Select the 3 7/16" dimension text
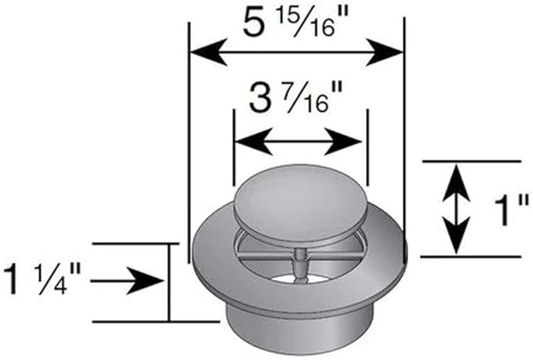[298, 101]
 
